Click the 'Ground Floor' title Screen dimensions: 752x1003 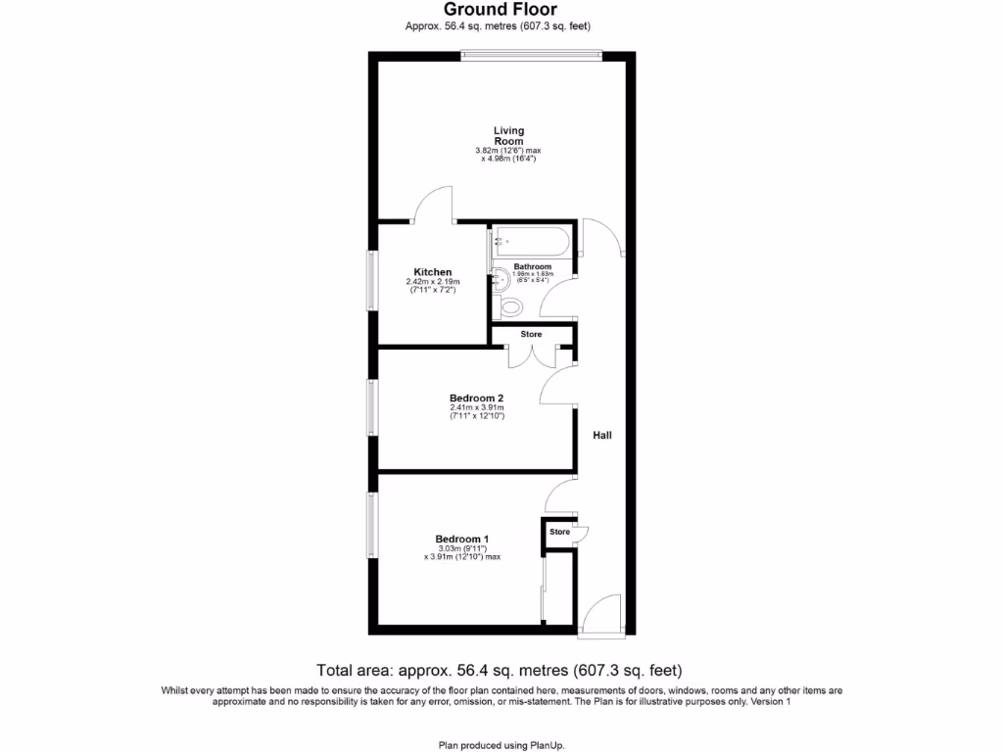pyautogui.click(x=501, y=11)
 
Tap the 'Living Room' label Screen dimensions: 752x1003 pyautogui.click(x=508, y=135)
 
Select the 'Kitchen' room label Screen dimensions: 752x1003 pyautogui.click(x=432, y=272)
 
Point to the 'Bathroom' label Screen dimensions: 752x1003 pyautogui.click(x=533, y=266)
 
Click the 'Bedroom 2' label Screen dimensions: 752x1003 pyautogui.click(x=476, y=398)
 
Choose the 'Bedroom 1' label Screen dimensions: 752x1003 pyautogui.click(x=462, y=539)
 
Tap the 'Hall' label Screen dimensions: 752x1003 pyautogui.click(x=602, y=435)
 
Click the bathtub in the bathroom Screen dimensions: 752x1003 pyautogui.click(x=532, y=239)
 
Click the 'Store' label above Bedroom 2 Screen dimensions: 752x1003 pyautogui.click(x=531, y=335)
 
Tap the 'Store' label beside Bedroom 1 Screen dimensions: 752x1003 pyautogui.click(x=559, y=532)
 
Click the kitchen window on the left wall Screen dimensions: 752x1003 pyautogui.click(x=372, y=282)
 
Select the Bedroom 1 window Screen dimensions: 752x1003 pyautogui.click(x=372, y=525)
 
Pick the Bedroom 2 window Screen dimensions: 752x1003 pyautogui.click(x=372, y=406)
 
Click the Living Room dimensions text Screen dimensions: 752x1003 pyautogui.click(x=508, y=155)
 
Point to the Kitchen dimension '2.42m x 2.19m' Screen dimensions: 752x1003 pyautogui.click(x=432, y=282)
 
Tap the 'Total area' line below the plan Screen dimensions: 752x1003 pyautogui.click(x=499, y=671)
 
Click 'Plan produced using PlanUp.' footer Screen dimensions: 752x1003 pyautogui.click(x=501, y=745)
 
